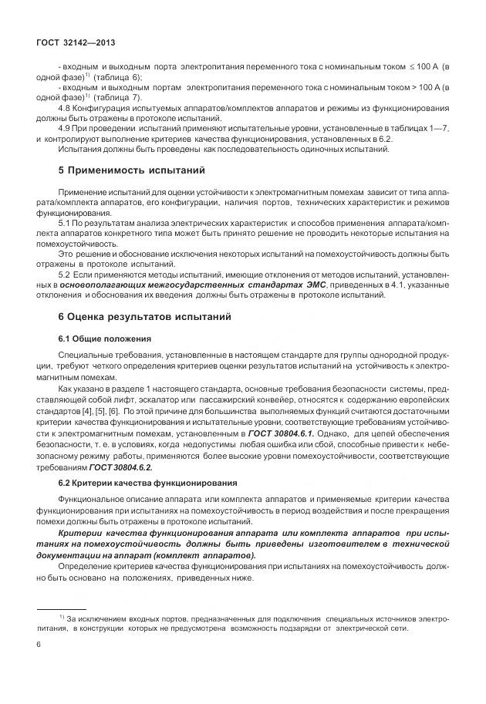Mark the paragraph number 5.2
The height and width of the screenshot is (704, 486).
(65, 274)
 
